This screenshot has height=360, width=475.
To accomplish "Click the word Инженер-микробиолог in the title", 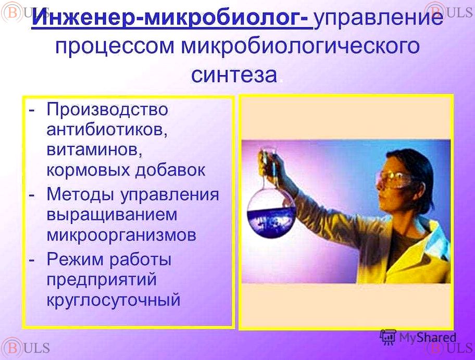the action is [172, 17].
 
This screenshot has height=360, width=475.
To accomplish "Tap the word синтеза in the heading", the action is [234, 75].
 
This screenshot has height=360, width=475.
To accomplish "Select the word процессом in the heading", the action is [115, 47].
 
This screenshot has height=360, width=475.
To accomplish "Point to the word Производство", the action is [107, 109].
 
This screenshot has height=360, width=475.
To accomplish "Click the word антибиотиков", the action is [107, 130].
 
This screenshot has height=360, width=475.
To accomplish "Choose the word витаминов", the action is [94, 150].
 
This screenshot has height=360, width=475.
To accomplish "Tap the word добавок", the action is [170, 170].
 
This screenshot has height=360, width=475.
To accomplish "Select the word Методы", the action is [81, 194].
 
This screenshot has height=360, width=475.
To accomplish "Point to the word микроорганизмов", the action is [121, 235].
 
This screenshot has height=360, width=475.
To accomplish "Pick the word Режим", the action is [75, 259].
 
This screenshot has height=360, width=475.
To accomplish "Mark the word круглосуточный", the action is [114, 300].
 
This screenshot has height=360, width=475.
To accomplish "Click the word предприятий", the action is [102, 280].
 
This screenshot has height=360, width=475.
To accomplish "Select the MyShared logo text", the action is [428, 337].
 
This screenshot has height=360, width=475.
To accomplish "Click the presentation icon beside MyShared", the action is [387, 337].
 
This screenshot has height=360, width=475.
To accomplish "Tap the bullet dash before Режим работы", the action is [31, 260].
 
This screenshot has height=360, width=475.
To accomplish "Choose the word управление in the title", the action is [378, 18].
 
